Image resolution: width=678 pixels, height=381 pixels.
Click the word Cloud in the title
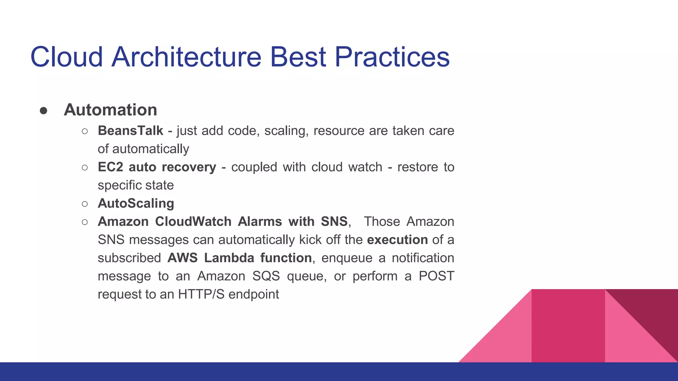pyautogui.click(x=67, y=57)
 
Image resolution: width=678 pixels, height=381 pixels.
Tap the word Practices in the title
pyautogui.click(x=392, y=57)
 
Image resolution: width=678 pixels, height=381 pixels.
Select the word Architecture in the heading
pyautogui.click(x=186, y=57)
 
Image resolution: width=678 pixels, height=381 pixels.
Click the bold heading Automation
pyautogui.click(x=110, y=110)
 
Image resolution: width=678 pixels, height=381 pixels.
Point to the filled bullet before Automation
pyautogui.click(x=43, y=111)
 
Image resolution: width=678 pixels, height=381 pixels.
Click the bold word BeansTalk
pyautogui.click(x=130, y=131)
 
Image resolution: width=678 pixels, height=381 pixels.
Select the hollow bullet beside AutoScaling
pyautogui.click(x=85, y=204)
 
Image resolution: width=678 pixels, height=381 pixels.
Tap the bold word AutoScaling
pyautogui.click(x=136, y=203)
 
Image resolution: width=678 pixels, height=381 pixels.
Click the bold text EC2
pyautogui.click(x=110, y=167)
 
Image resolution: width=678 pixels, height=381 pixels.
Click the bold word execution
pyautogui.click(x=397, y=240)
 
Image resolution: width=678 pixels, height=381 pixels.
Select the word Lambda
pyautogui.click(x=229, y=258)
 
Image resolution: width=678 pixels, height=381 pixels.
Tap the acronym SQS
pyautogui.click(x=266, y=276)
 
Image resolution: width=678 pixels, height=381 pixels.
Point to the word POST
pyautogui.click(x=436, y=276)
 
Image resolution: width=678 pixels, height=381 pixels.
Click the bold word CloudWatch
pyautogui.click(x=193, y=222)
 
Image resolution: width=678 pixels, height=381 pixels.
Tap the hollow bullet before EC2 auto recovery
pyautogui.click(x=85, y=167)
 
